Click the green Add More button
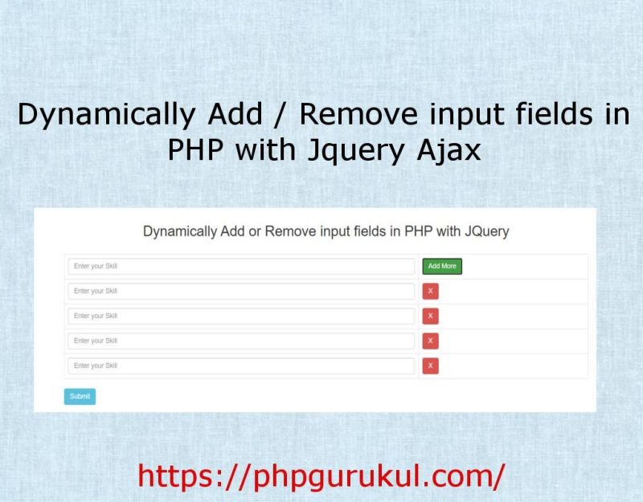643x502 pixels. pyautogui.click(x=442, y=266)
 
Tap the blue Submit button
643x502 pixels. pyautogui.click(x=80, y=396)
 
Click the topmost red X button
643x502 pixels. pyautogui.click(x=431, y=291)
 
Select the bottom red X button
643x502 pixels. pyautogui.click(x=431, y=365)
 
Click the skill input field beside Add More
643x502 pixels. pyautogui.click(x=241, y=266)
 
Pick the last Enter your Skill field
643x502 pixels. pyautogui.click(x=241, y=365)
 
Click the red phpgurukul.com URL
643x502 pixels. pyautogui.click(x=321, y=475)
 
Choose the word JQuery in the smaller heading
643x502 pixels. pyautogui.click(x=484, y=232)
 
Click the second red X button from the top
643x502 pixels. pyautogui.click(x=431, y=316)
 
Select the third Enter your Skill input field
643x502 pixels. pyautogui.click(x=241, y=316)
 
